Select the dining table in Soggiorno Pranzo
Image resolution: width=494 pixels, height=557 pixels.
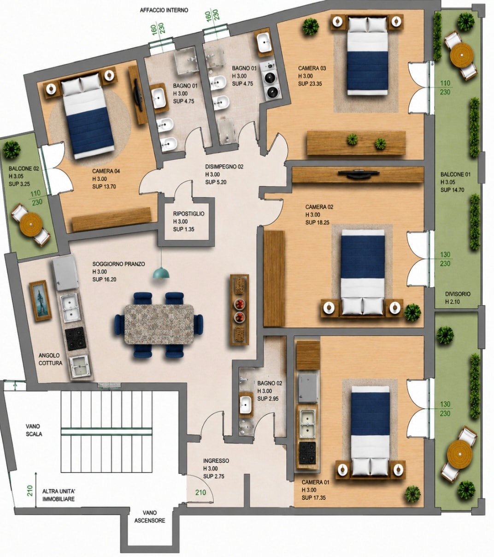(x=159, y=325)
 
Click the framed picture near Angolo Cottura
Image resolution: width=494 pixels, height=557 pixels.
(x=41, y=301)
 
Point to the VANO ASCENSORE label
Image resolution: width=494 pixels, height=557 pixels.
(x=150, y=516)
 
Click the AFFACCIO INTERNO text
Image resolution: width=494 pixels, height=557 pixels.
(x=164, y=10)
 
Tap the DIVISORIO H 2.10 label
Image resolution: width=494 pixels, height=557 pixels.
(x=458, y=297)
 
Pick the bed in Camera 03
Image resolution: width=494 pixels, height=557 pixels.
(x=368, y=55)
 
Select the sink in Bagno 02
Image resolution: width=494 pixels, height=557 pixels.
(x=245, y=405)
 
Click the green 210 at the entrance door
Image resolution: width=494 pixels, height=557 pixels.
(x=200, y=492)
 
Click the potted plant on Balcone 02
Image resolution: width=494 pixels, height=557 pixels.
(x=12, y=149)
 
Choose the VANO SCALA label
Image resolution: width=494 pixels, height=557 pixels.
(x=34, y=430)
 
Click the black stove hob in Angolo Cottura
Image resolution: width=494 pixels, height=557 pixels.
(x=74, y=338)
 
